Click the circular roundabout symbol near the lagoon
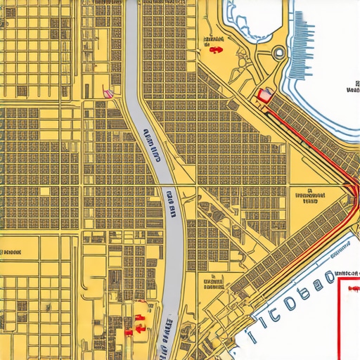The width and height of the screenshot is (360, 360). [x=279, y=51]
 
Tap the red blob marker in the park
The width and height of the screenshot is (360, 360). [x=214, y=49]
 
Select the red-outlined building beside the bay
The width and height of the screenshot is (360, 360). [x=265, y=96]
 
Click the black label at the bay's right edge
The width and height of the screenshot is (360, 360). [x=352, y=86]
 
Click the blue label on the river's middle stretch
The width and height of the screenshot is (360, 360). [x=171, y=201]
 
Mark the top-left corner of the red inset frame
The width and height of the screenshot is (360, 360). [x=339, y=279]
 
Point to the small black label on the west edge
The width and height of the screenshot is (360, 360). [x=11, y=251]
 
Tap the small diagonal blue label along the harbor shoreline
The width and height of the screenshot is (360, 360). [x=340, y=247]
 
